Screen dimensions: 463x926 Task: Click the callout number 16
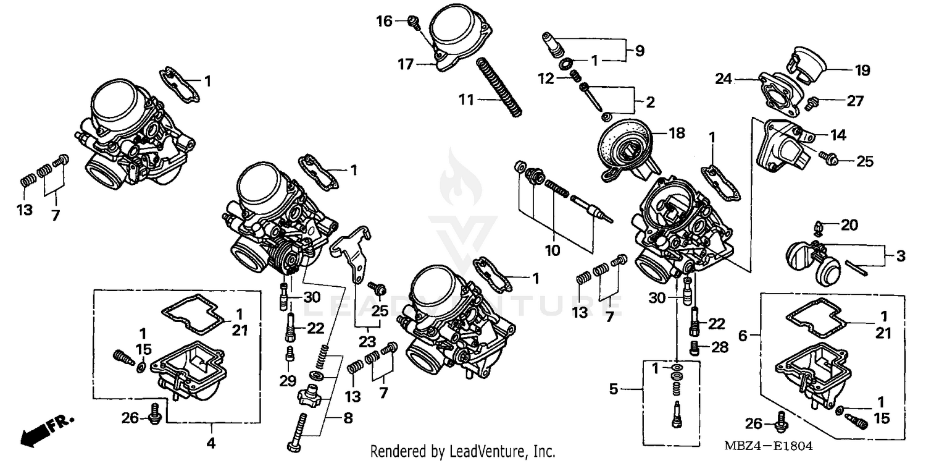point(385,22)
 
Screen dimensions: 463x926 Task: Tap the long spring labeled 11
point(500,86)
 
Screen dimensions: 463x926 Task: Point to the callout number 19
point(862,70)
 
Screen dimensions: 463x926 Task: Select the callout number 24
point(724,79)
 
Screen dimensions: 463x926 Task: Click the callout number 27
point(856,101)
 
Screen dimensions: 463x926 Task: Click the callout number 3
point(901,255)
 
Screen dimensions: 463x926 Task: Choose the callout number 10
point(552,250)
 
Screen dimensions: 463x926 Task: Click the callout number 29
point(288,381)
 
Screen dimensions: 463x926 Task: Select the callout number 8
point(348,418)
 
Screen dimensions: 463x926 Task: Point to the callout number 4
point(211,443)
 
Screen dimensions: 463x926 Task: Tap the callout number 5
point(613,389)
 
